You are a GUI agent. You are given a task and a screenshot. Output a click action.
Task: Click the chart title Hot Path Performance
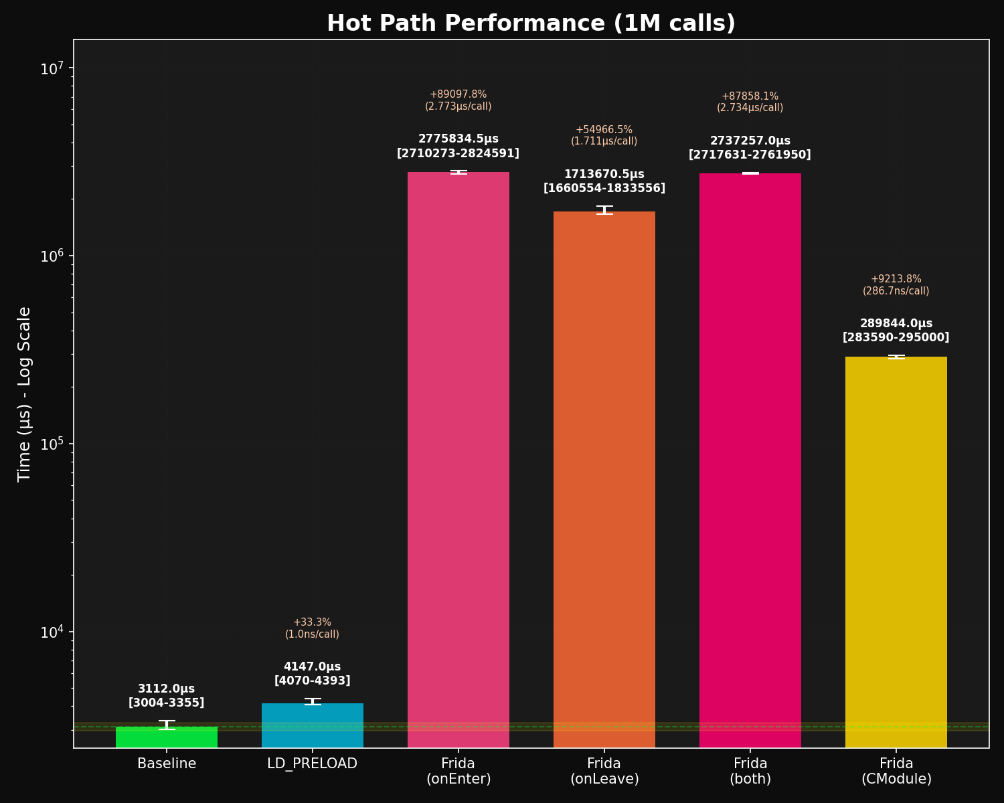(x=531, y=23)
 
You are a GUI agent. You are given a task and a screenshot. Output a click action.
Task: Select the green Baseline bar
(x=167, y=737)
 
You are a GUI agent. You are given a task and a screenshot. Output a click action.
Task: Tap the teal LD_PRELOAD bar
(x=313, y=725)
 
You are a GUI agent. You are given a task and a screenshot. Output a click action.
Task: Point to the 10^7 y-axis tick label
(x=52, y=69)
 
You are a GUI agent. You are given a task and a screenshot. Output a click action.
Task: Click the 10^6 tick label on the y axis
(x=52, y=256)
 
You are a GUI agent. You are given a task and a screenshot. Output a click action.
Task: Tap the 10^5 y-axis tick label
(x=52, y=444)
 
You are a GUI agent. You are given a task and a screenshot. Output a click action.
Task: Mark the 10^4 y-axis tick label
(x=52, y=632)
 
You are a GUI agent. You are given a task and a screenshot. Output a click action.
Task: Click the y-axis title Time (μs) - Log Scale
(x=25, y=393)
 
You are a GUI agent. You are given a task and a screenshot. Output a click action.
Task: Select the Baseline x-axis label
(x=167, y=764)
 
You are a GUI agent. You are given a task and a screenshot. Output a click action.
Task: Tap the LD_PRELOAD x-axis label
(x=313, y=764)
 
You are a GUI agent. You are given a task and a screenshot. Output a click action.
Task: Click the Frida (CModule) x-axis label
(x=896, y=771)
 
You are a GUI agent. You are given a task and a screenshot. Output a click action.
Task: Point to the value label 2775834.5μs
(x=458, y=139)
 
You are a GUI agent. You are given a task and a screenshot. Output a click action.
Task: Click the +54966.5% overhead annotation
(x=604, y=130)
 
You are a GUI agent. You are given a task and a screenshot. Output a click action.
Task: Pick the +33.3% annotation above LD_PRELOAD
(x=313, y=622)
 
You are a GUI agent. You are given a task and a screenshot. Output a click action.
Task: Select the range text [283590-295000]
(x=896, y=337)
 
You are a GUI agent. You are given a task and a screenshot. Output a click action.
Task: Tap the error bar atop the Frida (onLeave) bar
(x=604, y=210)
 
